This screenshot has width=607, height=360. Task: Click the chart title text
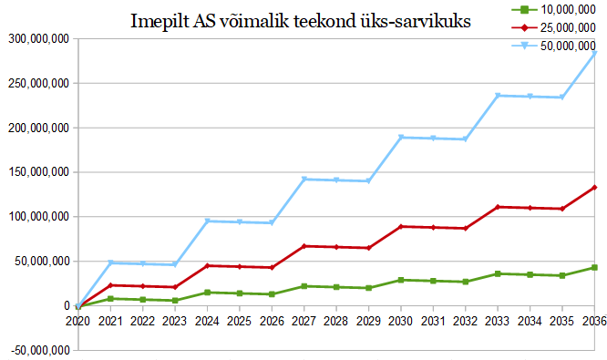coord(301,21)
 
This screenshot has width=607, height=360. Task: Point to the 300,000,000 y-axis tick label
coord(38,38)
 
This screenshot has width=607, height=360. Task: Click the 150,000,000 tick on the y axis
coord(38,172)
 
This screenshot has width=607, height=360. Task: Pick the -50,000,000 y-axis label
coord(41,350)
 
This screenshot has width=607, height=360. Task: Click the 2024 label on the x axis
coord(207,321)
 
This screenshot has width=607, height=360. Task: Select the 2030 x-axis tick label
coord(401,321)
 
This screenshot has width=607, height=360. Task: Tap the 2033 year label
coord(498,321)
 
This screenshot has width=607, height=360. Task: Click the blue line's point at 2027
coord(304,180)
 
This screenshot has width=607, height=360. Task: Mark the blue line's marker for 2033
coord(498,96)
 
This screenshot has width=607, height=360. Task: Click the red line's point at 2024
coord(208,265)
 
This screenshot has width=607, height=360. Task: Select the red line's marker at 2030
coord(401,226)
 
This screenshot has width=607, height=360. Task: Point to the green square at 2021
coord(110,298)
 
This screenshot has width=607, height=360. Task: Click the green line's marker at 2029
coord(368,288)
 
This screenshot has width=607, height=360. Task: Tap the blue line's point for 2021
coord(110,262)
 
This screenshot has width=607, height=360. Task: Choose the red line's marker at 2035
coord(562,209)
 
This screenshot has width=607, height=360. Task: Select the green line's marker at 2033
coord(498,273)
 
